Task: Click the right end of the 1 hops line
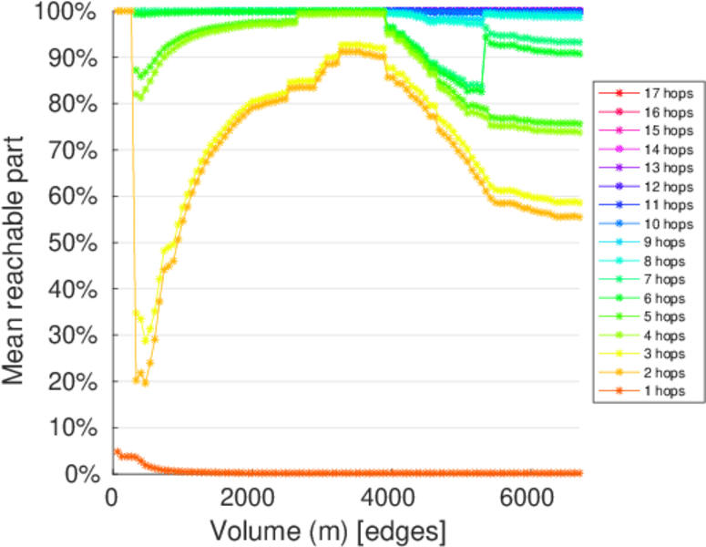(579, 473)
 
